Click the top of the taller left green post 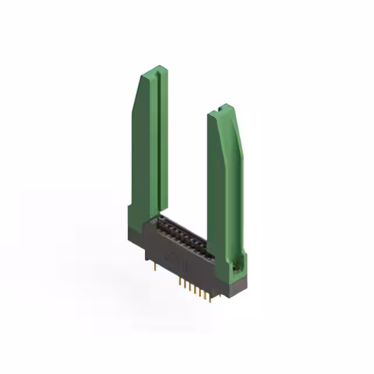[x=153, y=71]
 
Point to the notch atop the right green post [x=220, y=108]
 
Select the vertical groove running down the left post [x=154, y=140]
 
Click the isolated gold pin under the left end [x=154, y=268]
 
